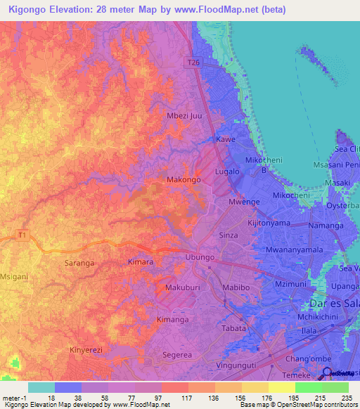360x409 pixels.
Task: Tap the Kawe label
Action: (x=225, y=140)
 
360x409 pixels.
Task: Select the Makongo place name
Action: (x=184, y=180)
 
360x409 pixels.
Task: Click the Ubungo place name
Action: (x=198, y=257)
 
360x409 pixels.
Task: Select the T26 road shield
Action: (x=195, y=63)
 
